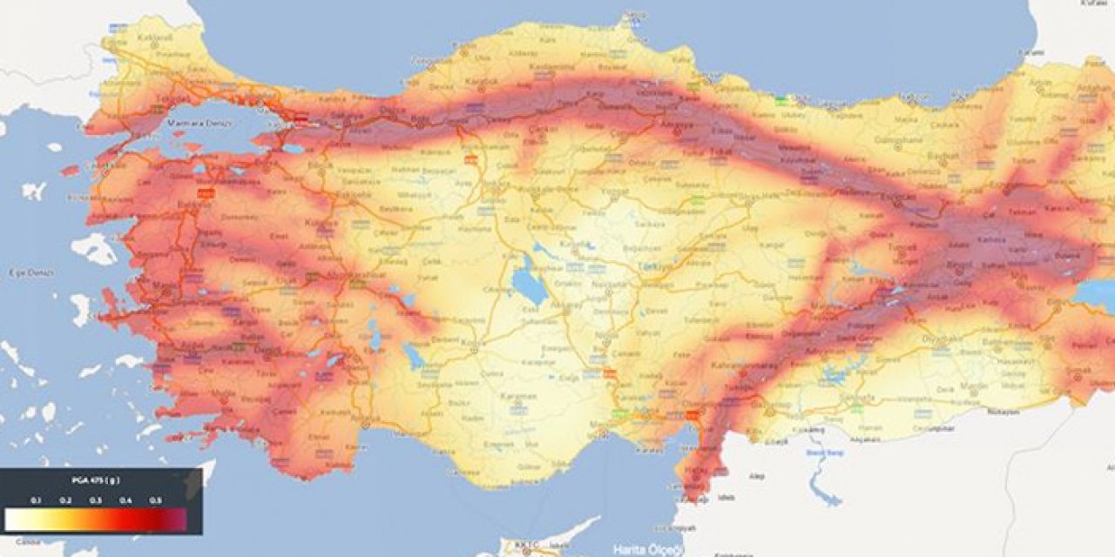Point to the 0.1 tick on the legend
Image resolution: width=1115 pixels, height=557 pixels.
click(x=35, y=500)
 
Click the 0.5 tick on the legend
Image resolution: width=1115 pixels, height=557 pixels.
click(x=156, y=500)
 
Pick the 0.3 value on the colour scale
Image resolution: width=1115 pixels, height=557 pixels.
click(x=95, y=500)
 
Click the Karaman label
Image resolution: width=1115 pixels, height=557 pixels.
click(x=514, y=397)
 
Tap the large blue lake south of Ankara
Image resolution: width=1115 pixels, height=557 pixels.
click(x=529, y=285)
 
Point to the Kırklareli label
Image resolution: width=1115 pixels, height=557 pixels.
click(x=157, y=39)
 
